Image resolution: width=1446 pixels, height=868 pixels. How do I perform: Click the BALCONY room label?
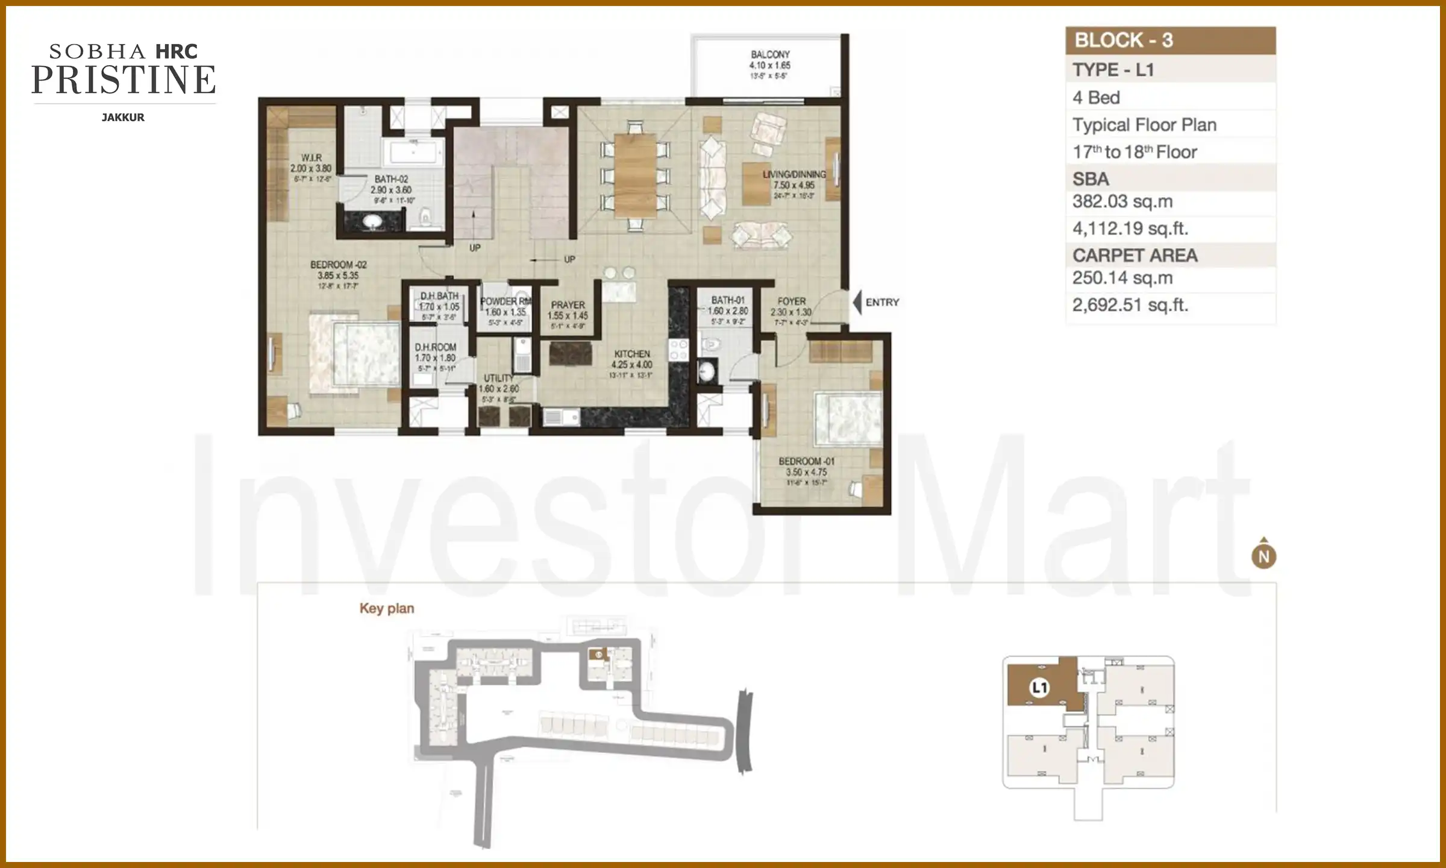click(x=769, y=55)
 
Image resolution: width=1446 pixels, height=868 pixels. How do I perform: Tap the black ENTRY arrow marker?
click(x=857, y=303)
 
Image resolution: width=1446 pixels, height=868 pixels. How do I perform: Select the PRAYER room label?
click(x=568, y=306)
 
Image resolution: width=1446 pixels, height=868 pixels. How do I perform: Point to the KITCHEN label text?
click(x=632, y=354)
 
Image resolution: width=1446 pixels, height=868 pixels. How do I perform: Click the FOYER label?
click(x=791, y=301)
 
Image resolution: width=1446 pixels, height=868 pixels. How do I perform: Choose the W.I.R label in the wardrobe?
click(x=311, y=158)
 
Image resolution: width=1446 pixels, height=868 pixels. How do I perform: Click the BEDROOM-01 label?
click(x=806, y=462)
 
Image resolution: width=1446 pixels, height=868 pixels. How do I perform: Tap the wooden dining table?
click(x=635, y=175)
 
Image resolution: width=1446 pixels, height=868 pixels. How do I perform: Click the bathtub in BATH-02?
click(x=413, y=152)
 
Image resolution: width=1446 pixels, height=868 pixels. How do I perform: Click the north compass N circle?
click(x=1264, y=556)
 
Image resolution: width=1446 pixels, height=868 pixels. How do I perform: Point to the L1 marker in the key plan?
click(x=1040, y=688)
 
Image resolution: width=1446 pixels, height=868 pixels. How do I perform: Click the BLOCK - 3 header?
click(x=1124, y=40)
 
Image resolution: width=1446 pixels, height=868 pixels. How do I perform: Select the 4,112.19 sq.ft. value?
click(x=1130, y=229)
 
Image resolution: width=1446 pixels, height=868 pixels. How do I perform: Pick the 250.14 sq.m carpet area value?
click(x=1122, y=278)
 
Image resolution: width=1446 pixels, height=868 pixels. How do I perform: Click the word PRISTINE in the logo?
click(x=124, y=81)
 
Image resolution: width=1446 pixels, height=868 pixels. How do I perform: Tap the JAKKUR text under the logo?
click(x=123, y=118)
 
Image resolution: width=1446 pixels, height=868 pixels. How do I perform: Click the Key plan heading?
click(x=387, y=609)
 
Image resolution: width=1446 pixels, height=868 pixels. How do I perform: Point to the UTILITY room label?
click(x=499, y=379)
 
